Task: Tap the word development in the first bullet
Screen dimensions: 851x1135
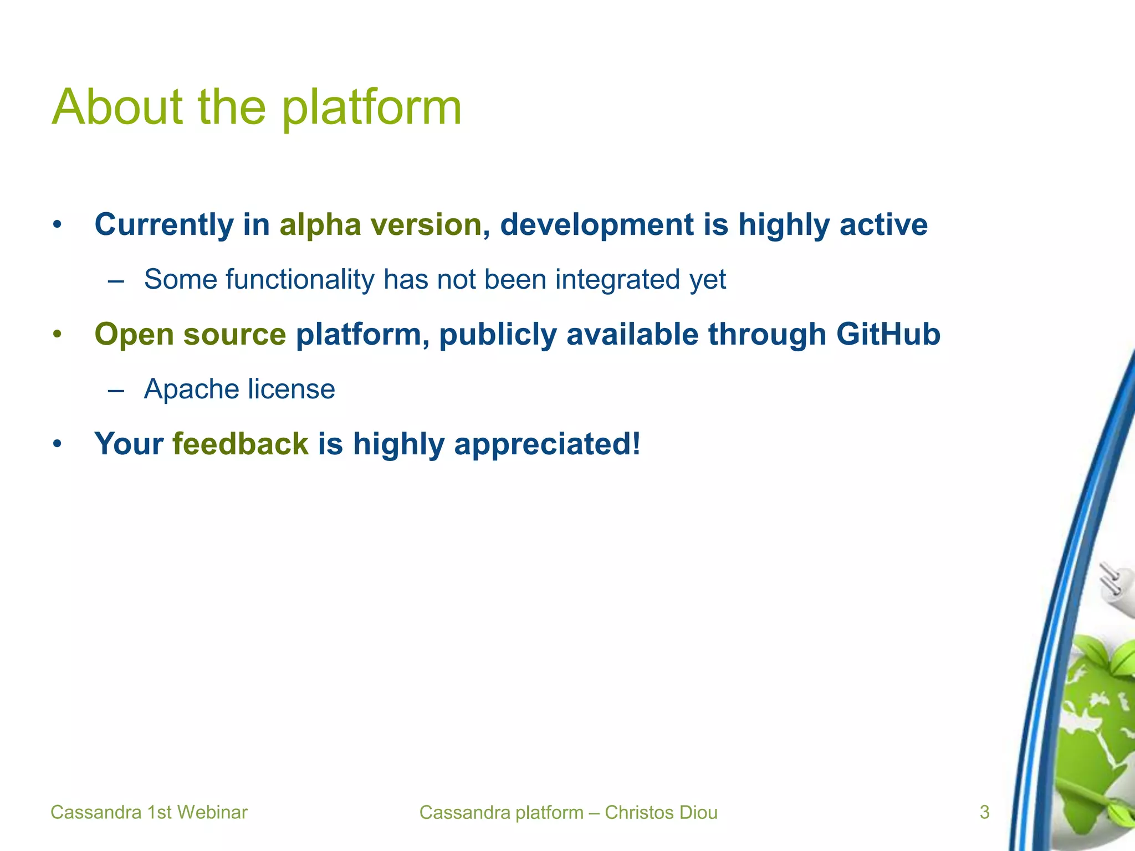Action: click(596, 225)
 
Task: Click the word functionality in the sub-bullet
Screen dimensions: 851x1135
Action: click(300, 279)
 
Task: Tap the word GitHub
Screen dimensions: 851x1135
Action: click(888, 334)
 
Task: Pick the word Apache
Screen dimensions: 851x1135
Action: click(191, 389)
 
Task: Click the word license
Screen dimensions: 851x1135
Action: click(291, 389)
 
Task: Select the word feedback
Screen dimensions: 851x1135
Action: click(240, 444)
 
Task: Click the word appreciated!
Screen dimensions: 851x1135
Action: click(547, 444)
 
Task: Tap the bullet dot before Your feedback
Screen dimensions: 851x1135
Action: click(57, 444)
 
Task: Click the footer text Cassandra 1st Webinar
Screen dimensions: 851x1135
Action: click(149, 812)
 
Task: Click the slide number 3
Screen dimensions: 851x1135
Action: click(984, 812)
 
